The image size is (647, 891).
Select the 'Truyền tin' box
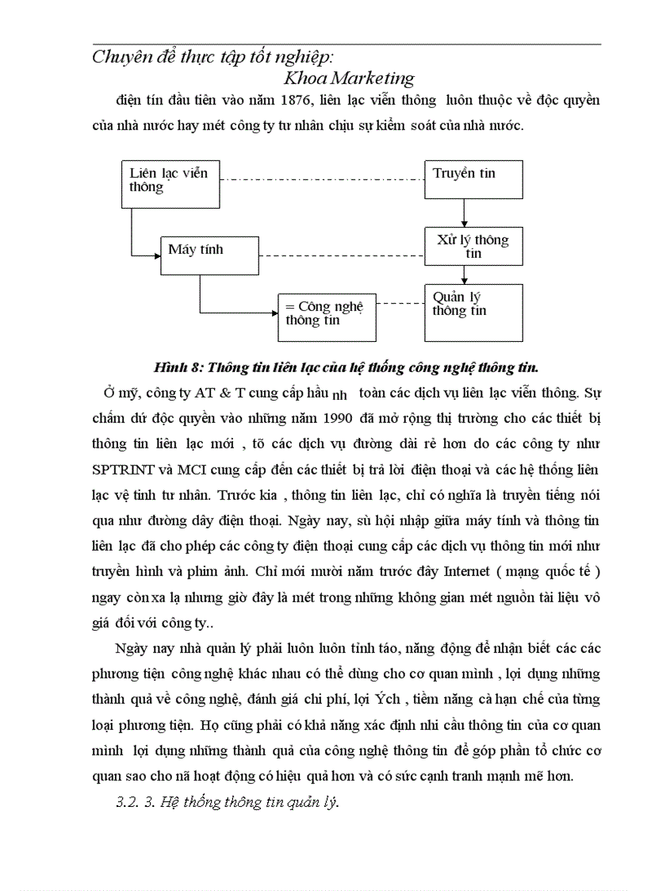pos(473,179)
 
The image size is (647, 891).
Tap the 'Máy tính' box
pos(209,255)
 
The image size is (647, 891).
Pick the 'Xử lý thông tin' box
pos(473,246)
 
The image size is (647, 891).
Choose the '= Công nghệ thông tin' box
pos(327,317)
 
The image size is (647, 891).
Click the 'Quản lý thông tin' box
pos(473,312)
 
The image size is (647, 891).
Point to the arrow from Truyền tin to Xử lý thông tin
pos(464,213)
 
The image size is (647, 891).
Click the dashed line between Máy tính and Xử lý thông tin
pos(341,255)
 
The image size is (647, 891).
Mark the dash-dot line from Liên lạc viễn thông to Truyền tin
pos(321,179)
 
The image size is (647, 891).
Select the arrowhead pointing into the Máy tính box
pos(155,255)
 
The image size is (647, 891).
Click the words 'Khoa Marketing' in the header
pos(349,78)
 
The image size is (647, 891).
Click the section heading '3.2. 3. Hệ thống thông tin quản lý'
pos(227,802)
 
